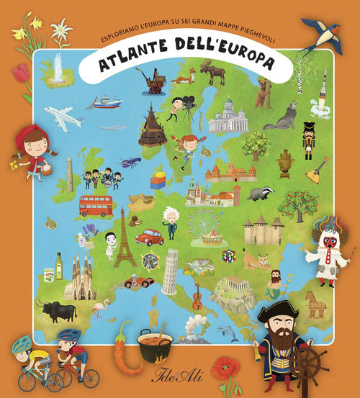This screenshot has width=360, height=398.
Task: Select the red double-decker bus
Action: click(x=95, y=206)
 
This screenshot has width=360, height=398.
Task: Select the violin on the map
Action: click(x=197, y=296)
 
